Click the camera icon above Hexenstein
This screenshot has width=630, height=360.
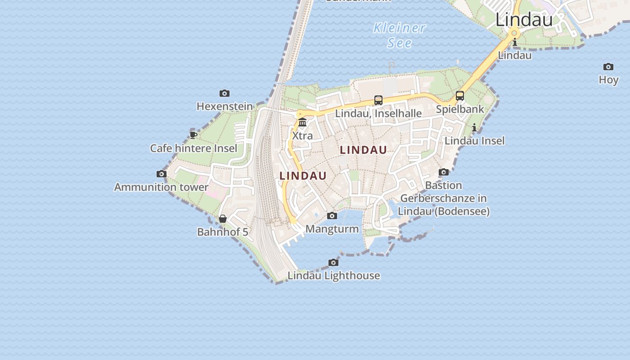[225, 94]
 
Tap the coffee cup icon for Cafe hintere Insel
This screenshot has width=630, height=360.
[193, 135]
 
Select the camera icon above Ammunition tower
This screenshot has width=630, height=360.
[162, 174]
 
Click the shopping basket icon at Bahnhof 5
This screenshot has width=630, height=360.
[223, 219]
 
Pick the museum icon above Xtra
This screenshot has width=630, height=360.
[302, 122]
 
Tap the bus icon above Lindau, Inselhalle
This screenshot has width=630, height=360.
[378, 100]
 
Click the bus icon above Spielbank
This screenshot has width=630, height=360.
[460, 96]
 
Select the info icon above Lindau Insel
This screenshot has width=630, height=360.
[474, 128]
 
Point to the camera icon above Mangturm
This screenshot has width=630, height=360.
[332, 216]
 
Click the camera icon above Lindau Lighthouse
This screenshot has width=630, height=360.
[333, 262]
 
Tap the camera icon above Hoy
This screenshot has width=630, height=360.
[608, 67]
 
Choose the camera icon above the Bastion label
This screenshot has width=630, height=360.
[444, 172]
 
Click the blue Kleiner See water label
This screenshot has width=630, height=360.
[400, 35]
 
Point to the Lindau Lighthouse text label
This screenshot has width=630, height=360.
[334, 275]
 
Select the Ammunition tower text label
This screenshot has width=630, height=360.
[161, 187]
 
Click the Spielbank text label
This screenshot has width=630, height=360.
[460, 109]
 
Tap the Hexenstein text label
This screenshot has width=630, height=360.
[225, 106]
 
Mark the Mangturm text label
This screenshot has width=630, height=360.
[332, 229]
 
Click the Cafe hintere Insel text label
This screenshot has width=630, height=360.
[193, 148]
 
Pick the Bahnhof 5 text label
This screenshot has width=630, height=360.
[223, 232]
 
